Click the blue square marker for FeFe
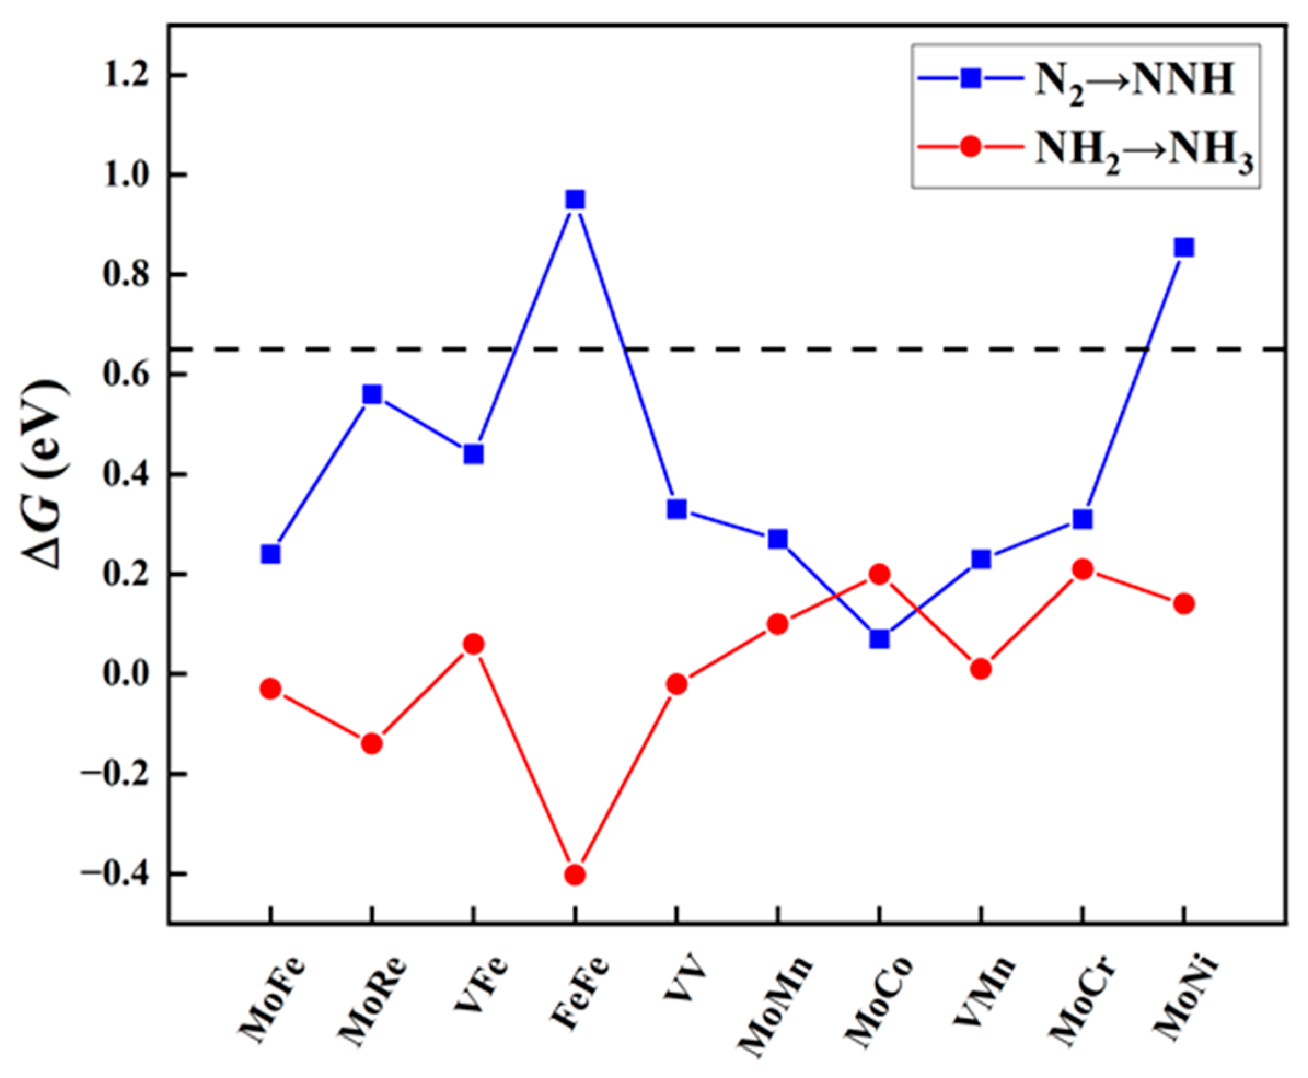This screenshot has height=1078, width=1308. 575,200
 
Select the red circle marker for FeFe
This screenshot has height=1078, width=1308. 575,875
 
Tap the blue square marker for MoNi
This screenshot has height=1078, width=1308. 1184,248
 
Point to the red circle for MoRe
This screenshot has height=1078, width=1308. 372,743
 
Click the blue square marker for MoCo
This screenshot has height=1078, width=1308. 878,639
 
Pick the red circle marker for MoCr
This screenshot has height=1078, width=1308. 1083,569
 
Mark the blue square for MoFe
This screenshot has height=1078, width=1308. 270,554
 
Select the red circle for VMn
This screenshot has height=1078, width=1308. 981,669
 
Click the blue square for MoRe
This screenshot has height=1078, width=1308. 372,394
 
